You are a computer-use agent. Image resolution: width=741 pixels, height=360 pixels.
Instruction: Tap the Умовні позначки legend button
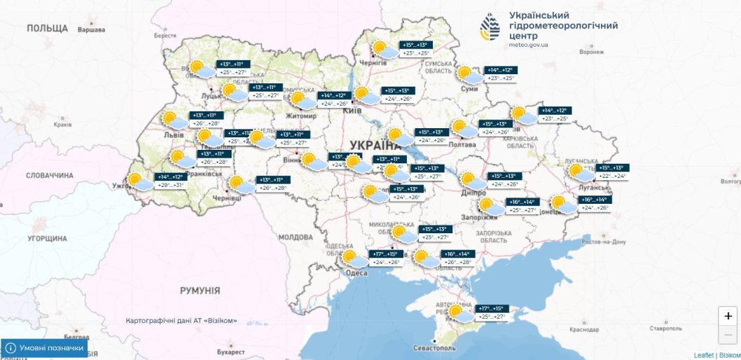pos(45,347)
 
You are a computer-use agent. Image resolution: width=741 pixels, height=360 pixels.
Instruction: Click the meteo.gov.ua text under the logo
pos(529,45)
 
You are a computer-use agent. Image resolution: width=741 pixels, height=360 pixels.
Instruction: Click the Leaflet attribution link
pos(703,355)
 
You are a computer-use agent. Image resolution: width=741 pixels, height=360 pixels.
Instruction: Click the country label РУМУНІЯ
pos(200,290)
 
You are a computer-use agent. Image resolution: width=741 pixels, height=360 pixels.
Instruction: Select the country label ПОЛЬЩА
pos(47,28)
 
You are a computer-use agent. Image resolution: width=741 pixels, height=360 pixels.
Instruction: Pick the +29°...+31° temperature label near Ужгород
pos(171,185)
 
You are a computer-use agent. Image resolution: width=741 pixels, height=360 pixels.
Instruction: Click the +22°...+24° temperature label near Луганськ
pos(612,176)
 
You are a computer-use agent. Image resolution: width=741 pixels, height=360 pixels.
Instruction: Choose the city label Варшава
pos(90,30)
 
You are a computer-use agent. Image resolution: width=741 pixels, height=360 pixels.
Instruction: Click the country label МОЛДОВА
pos(295,237)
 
